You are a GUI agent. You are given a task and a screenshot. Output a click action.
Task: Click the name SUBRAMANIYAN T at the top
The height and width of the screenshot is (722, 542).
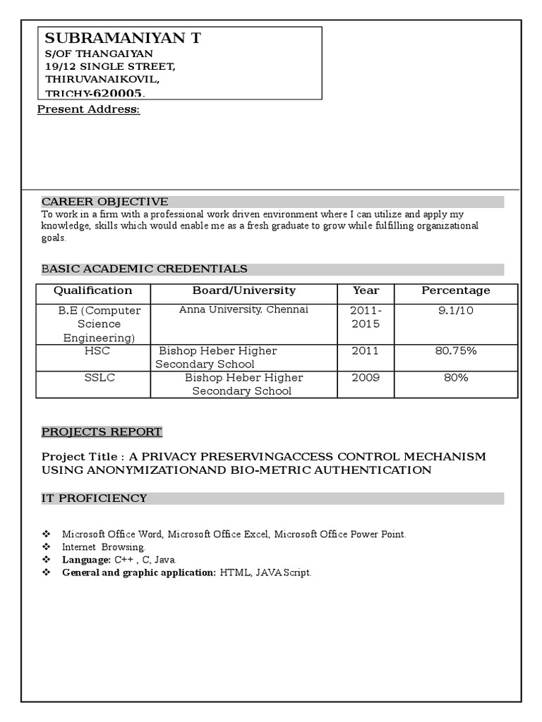tap(123, 39)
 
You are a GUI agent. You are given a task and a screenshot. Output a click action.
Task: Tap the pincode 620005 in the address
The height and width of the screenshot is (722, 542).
tap(118, 93)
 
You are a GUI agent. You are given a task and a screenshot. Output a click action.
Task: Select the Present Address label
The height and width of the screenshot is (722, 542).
tap(88, 109)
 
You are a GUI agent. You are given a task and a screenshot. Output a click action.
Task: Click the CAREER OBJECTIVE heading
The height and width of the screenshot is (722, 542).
tap(104, 202)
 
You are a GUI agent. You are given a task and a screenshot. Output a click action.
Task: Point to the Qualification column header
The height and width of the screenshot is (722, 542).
tap(92, 290)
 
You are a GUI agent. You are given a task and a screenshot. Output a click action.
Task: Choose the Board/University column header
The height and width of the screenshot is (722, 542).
tap(243, 290)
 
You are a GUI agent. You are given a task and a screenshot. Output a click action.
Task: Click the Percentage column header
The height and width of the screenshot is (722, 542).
tap(455, 290)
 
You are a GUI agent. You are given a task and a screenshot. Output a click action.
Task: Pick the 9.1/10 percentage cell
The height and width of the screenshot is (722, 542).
tap(455, 310)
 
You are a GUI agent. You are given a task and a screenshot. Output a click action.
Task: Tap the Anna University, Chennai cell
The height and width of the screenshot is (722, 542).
tap(243, 310)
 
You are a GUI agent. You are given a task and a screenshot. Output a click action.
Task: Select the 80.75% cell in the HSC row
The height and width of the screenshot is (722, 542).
tap(455, 351)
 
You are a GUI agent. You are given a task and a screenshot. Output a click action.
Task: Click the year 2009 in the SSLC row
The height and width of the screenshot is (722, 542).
tap(366, 378)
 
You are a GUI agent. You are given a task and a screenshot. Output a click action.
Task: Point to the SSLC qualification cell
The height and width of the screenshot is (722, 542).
tap(99, 378)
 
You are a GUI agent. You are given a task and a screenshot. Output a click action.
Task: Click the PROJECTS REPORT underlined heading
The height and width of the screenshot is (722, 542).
tap(102, 432)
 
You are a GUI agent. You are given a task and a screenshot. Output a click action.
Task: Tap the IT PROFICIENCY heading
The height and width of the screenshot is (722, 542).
tap(94, 498)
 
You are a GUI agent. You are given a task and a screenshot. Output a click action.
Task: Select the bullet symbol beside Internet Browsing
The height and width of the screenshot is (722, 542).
tap(47, 547)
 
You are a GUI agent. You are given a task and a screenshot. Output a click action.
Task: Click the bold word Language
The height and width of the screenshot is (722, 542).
tap(85, 560)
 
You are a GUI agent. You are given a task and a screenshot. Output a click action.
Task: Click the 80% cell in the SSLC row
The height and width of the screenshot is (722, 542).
tap(455, 378)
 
